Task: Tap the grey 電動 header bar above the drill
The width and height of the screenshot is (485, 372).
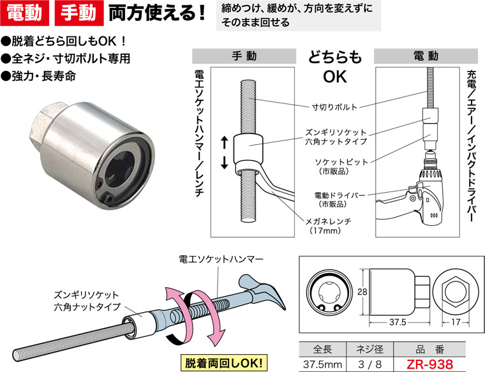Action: click(x=426, y=56)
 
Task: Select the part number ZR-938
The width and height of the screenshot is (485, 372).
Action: click(x=426, y=364)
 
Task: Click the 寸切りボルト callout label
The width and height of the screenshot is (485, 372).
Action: click(x=334, y=107)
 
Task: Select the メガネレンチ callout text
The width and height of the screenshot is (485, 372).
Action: click(x=331, y=221)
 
